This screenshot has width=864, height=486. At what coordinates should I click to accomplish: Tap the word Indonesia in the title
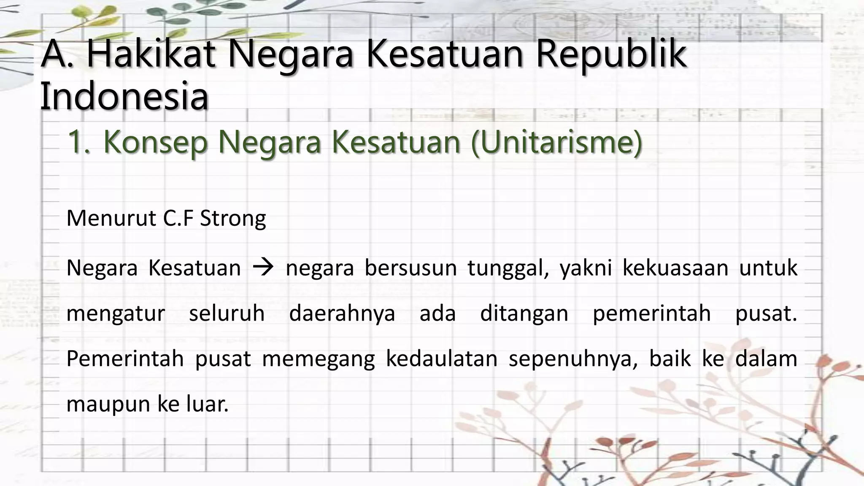(124, 97)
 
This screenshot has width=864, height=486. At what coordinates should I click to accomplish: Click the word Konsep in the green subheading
(155, 142)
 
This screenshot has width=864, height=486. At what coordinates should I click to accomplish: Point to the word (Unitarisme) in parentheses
(556, 142)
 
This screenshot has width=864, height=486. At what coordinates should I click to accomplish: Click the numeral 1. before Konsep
(79, 142)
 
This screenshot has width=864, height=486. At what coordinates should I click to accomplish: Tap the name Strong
(233, 219)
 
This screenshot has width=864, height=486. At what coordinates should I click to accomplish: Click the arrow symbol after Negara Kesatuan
(264, 267)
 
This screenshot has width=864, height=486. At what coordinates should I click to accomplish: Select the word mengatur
(116, 314)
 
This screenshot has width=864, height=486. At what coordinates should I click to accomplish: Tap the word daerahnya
(342, 314)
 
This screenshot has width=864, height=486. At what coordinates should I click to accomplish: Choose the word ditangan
(524, 314)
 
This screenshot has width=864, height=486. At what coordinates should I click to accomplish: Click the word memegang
(319, 359)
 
